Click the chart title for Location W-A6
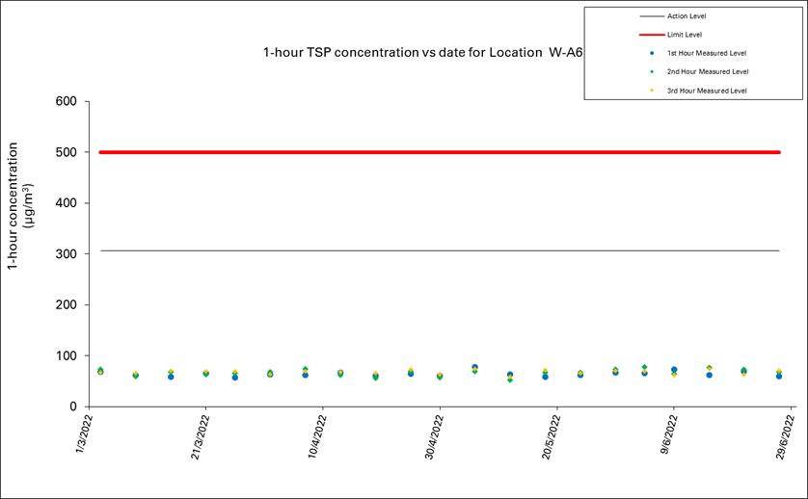[x=423, y=53]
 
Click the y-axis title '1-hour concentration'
[x=20, y=205]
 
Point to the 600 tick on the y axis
[x=65, y=101]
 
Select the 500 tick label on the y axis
[x=65, y=152]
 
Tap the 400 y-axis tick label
[x=65, y=203]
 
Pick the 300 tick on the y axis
[x=65, y=254]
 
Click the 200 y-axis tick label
[x=65, y=305]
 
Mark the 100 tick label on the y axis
[x=65, y=356]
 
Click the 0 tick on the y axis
[x=72, y=407]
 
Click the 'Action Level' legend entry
[x=686, y=16]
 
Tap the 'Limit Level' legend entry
[x=684, y=35]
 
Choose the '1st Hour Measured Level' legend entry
[x=707, y=53]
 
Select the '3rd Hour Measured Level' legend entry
[x=707, y=91]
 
